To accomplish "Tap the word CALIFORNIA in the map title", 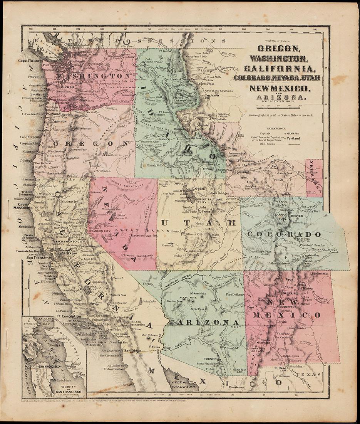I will point(276,68).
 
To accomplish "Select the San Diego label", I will point(131,351).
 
